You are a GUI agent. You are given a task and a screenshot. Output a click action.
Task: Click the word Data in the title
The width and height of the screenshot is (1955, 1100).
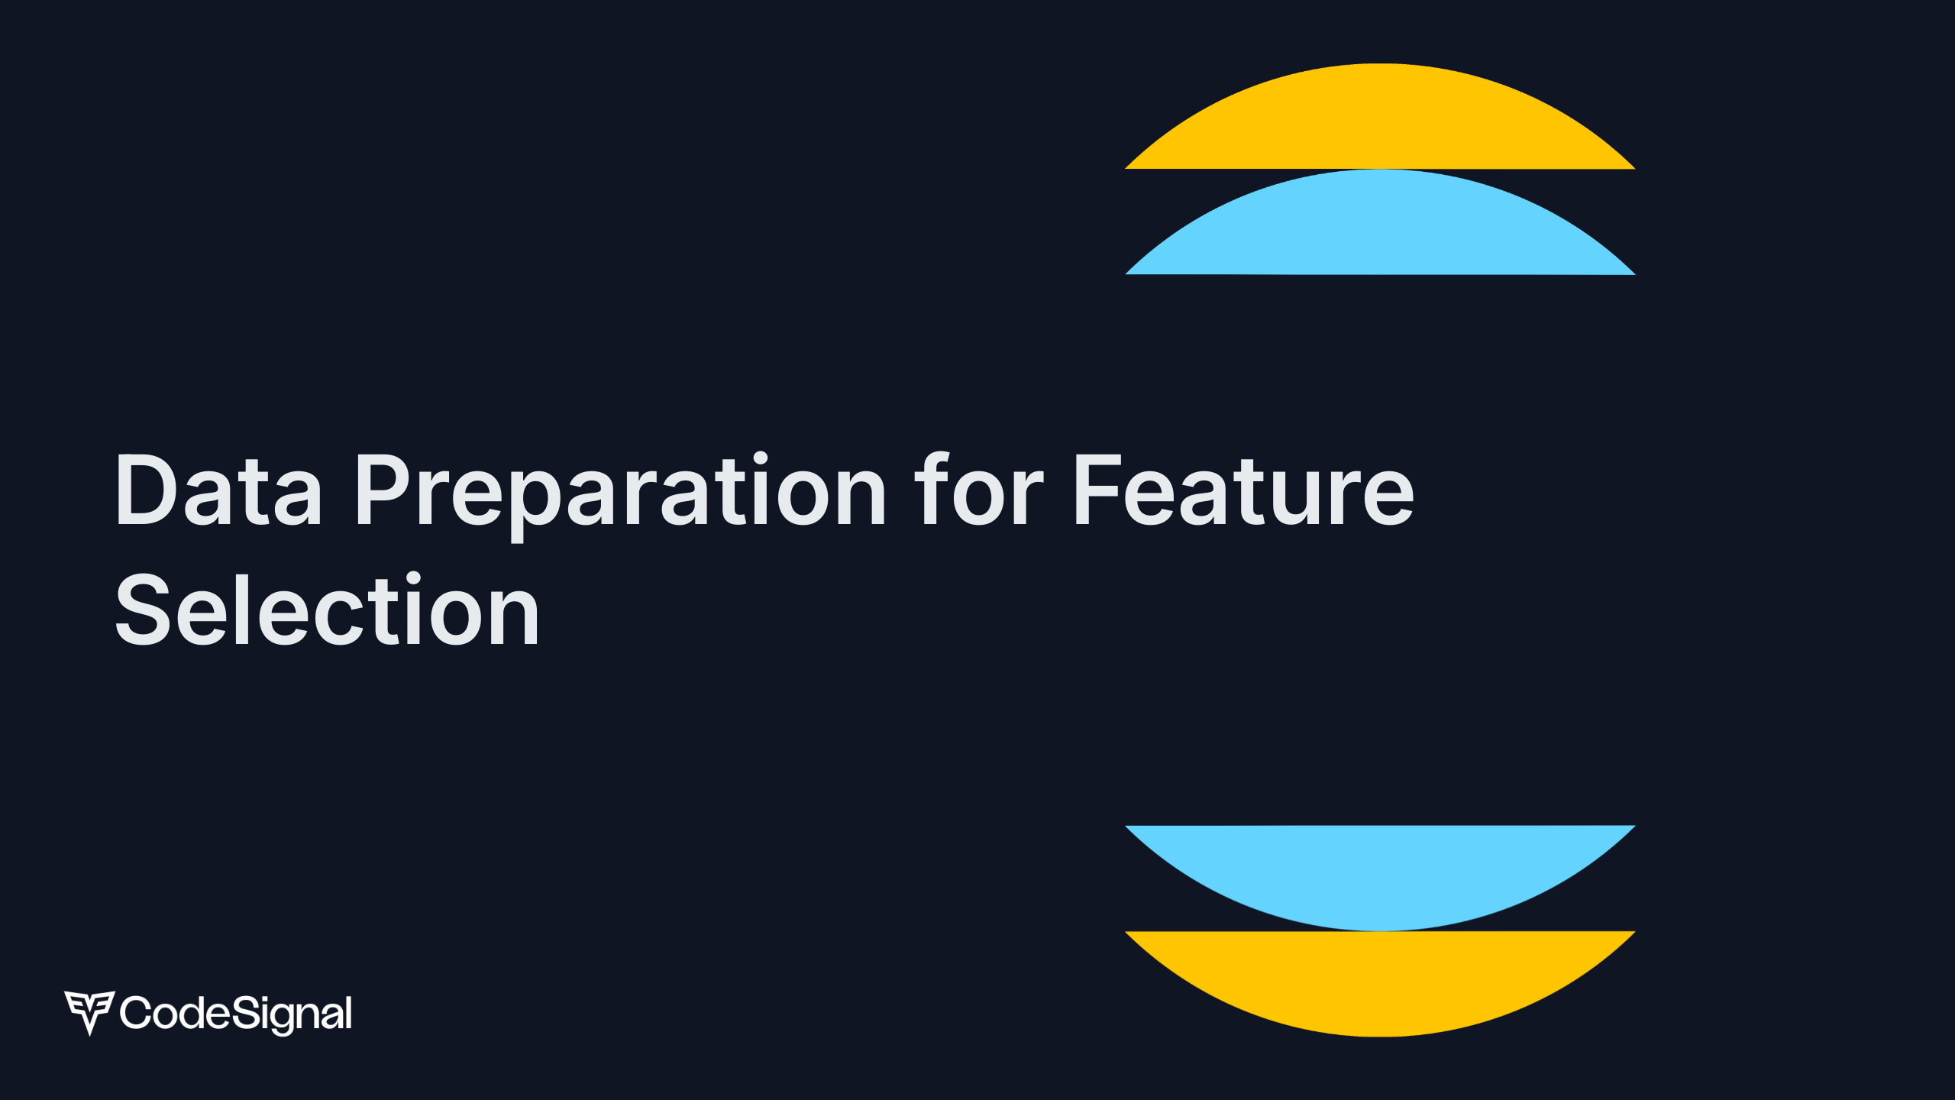click(x=218, y=490)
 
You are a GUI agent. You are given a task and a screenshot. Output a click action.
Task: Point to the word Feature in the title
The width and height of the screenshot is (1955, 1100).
click(x=1243, y=490)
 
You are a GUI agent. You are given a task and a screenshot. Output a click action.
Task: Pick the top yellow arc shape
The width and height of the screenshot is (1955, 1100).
click(x=1380, y=122)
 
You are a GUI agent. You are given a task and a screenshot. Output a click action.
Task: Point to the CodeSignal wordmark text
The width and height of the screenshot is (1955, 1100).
click(x=236, y=1014)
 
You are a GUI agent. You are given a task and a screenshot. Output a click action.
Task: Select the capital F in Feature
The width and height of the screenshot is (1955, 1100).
click(x=1097, y=490)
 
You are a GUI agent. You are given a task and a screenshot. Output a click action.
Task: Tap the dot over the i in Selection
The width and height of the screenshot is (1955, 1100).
click(x=414, y=577)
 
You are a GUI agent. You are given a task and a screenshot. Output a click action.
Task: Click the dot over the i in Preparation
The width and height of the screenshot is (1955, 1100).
click(x=761, y=458)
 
